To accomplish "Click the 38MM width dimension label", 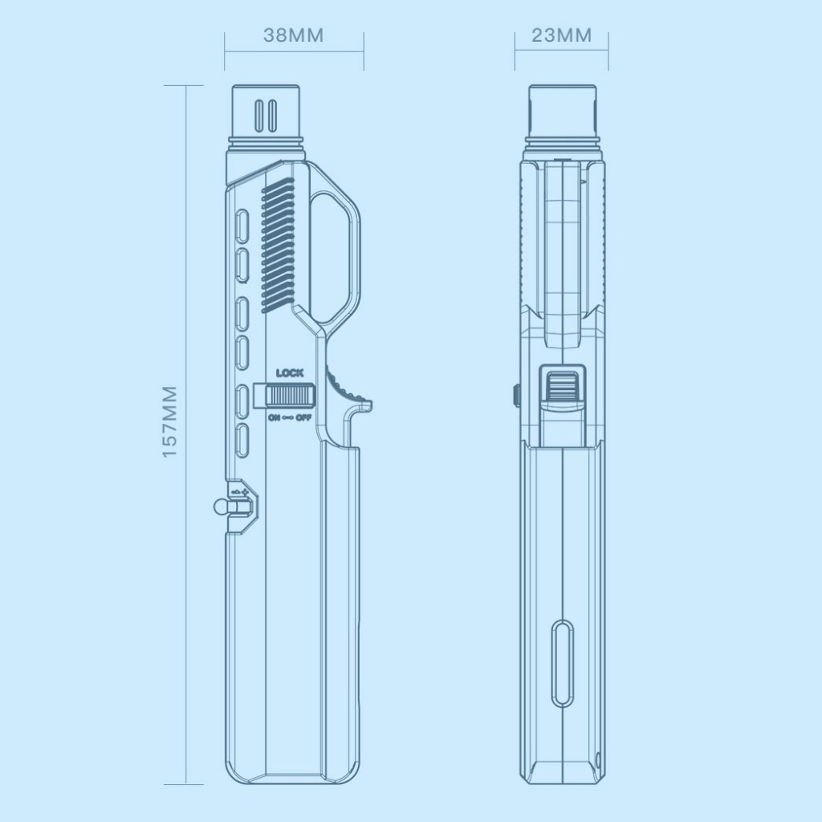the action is coord(294,35).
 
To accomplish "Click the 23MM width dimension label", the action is coord(561,35).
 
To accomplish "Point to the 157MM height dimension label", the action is coord(169,422).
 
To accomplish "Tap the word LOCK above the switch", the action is coord(289,373).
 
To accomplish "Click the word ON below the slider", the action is coord(274,417).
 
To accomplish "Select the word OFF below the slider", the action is coord(303,417).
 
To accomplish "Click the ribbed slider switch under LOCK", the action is coord(289,395).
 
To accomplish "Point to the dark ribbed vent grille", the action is coord(277,246).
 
